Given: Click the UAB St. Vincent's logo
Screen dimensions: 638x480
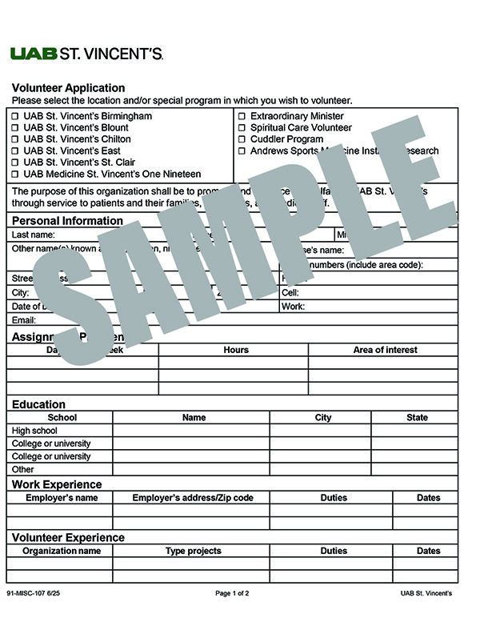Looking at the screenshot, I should (86, 54).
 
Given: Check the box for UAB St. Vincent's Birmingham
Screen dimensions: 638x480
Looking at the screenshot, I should (15, 116).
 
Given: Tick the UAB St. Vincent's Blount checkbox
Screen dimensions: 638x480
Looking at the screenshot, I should (15, 128).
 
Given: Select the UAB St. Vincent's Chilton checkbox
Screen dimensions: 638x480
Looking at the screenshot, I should (15, 139).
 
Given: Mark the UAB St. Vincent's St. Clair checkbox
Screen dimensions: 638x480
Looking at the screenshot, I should (15, 163).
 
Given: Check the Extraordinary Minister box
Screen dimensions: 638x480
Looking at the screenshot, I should (242, 116).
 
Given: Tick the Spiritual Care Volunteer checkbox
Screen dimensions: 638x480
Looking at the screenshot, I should (242, 128).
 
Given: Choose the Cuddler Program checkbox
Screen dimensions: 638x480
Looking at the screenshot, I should (242, 139).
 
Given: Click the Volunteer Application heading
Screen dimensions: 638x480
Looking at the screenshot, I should (68, 88).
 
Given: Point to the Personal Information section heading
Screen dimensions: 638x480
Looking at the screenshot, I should (67, 221).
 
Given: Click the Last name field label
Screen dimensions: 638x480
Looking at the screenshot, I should (33, 235).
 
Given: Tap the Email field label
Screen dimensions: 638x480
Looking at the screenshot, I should (24, 320).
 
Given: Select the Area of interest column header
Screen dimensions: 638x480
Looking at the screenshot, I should (385, 350).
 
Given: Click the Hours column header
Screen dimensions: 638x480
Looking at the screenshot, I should (236, 350).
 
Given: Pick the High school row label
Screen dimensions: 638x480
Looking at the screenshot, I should (34, 431).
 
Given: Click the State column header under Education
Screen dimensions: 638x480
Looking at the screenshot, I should (417, 417).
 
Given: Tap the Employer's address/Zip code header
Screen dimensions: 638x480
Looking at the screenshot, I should (193, 498).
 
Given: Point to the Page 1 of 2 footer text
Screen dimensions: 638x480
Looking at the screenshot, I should (232, 594).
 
